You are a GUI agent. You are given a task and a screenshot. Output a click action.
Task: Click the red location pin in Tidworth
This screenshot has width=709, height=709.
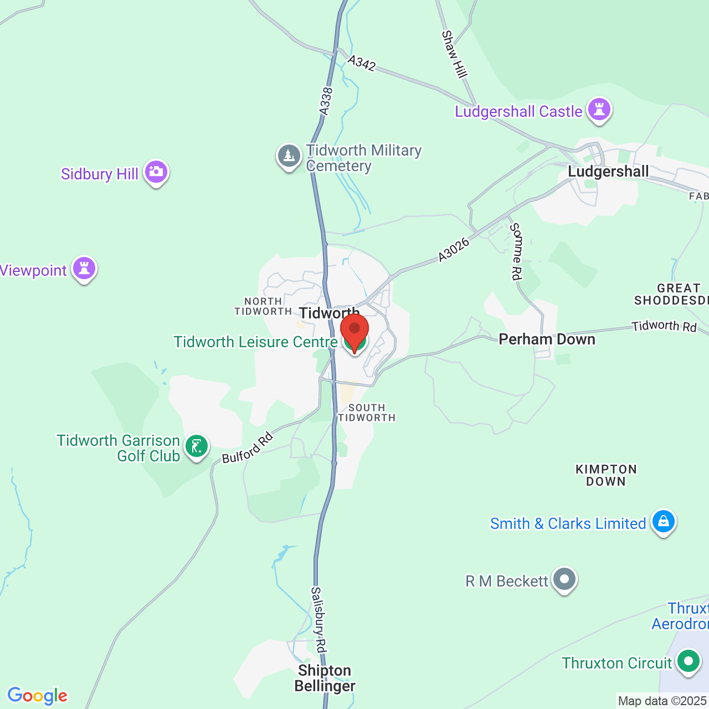point(354,331)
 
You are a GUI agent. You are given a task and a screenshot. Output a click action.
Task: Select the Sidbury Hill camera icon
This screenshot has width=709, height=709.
point(156,172)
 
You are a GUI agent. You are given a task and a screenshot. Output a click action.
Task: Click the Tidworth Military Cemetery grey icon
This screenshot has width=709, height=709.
point(289,156)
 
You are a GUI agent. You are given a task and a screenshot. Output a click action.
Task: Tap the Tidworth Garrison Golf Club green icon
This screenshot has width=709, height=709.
point(196,446)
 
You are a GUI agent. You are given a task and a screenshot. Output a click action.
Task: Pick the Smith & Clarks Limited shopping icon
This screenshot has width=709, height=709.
point(663,521)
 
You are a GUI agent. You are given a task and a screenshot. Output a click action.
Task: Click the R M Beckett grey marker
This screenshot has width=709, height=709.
point(564,579)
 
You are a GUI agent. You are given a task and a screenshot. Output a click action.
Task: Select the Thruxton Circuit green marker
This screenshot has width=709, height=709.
point(689,661)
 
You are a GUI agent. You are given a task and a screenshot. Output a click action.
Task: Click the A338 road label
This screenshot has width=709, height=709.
point(326,101)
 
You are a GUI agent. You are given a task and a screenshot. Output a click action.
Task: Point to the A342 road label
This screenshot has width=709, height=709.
point(362,63)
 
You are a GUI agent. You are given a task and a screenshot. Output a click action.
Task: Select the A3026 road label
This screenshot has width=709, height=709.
point(454,249)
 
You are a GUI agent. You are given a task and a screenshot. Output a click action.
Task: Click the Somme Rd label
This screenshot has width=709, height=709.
point(516,251)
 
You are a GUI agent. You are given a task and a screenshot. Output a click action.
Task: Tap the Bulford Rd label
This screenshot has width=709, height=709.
point(248,448)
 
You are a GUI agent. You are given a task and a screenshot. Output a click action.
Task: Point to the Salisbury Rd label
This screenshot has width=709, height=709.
point(318,619)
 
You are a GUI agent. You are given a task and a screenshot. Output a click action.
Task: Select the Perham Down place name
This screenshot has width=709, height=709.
point(547,339)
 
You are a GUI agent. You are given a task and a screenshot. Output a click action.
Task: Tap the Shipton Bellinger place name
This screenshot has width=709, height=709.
point(325,678)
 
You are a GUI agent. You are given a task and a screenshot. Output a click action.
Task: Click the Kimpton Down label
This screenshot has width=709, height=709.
point(606,475)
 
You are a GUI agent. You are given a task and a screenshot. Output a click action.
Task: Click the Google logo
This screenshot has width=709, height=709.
point(37,696)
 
